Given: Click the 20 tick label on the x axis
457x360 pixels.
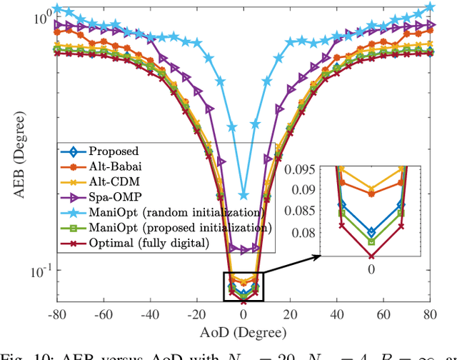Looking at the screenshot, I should [291, 313].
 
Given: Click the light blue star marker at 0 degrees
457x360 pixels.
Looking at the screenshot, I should [243, 196].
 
